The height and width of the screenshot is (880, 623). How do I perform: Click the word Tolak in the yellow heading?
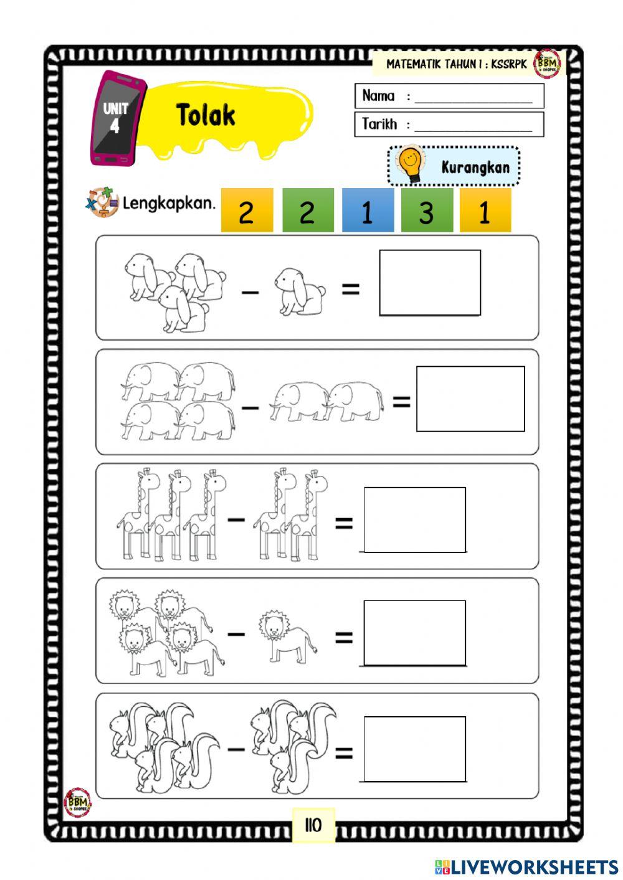(206, 115)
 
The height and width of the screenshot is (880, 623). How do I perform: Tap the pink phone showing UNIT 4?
(117, 118)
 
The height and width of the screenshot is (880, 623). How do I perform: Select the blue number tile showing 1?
(368, 211)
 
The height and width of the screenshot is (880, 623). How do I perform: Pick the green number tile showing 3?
(427, 211)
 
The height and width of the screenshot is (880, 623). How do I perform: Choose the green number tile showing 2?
(308, 211)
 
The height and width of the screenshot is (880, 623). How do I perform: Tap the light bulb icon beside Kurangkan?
(410, 164)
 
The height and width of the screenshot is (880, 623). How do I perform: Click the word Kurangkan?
(475, 167)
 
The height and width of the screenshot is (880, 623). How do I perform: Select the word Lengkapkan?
(169, 203)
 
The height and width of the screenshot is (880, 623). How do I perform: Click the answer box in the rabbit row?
(430, 283)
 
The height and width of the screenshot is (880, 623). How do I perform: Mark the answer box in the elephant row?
(470, 399)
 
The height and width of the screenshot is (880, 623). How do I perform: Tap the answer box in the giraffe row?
(414, 520)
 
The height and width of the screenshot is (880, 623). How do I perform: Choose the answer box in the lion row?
(414, 633)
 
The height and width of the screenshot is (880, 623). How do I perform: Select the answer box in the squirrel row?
(414, 749)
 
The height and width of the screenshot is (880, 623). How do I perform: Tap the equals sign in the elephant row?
(401, 402)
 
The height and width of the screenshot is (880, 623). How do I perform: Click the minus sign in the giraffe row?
(236, 518)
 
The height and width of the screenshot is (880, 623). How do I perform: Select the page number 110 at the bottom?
(313, 825)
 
